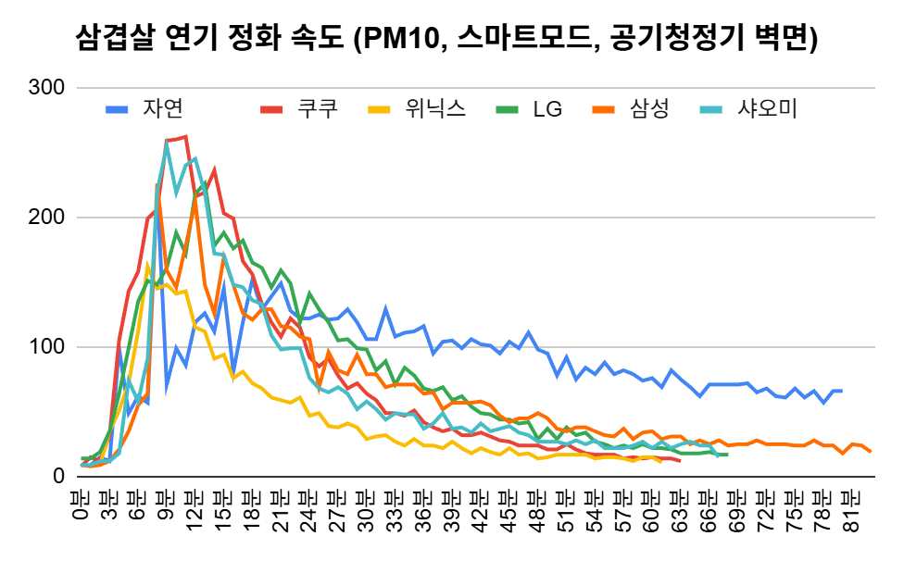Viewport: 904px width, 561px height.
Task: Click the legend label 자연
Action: (x=162, y=108)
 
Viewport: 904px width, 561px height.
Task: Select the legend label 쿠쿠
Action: (x=317, y=108)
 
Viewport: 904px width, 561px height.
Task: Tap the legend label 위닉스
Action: (x=434, y=108)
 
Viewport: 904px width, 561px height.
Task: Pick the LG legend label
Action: (x=547, y=109)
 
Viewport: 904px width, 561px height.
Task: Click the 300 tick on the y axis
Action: (x=45, y=88)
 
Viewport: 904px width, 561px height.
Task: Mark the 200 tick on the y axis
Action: (x=45, y=218)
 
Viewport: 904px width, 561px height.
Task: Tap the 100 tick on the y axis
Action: (x=45, y=347)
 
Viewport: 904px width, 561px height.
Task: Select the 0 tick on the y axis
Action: (x=57, y=476)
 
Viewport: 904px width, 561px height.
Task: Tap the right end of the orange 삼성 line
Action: (x=871, y=451)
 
